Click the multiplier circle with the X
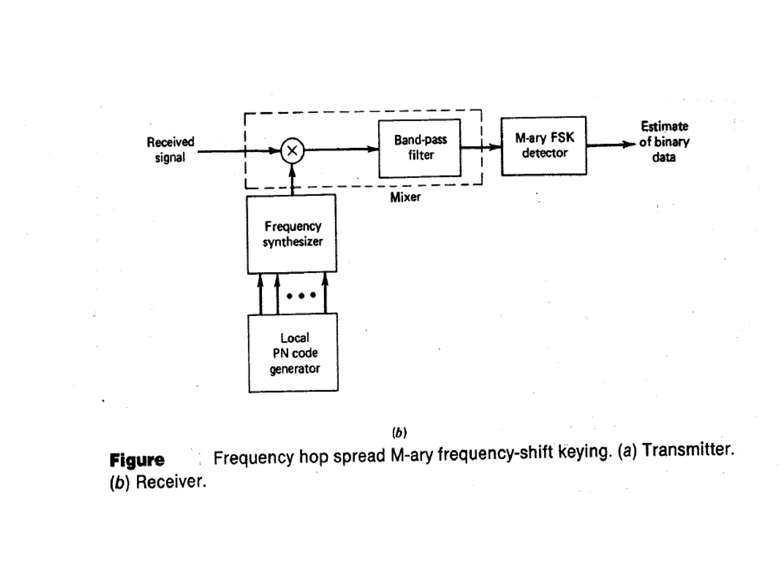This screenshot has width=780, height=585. click(292, 151)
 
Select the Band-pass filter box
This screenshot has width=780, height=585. click(420, 148)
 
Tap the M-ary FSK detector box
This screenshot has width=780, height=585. click(544, 146)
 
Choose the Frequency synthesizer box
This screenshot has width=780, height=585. click(292, 234)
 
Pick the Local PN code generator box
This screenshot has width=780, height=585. click(293, 353)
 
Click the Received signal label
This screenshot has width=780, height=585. click(170, 150)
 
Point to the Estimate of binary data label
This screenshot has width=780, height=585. click(664, 142)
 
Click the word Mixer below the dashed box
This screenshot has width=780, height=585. click(405, 197)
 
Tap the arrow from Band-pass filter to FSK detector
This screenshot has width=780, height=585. click(481, 147)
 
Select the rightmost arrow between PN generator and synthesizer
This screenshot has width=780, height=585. click(325, 293)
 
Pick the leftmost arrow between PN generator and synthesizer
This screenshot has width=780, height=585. click(261, 294)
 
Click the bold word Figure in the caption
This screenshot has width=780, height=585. click(137, 460)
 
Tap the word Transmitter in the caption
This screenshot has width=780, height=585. click(688, 449)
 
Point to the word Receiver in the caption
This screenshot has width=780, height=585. click(171, 482)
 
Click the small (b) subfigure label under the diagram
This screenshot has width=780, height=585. click(399, 433)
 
